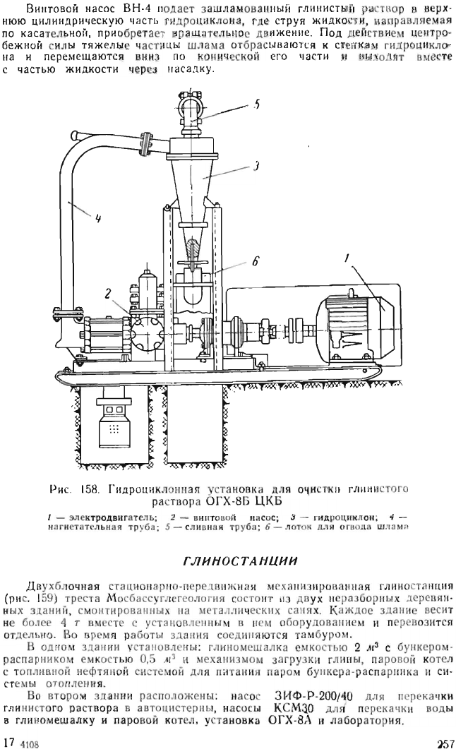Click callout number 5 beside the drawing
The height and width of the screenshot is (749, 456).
point(256,105)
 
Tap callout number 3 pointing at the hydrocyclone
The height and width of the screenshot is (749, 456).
point(256,167)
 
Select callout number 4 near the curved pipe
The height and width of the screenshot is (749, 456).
point(98,220)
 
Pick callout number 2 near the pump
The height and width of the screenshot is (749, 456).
point(108,294)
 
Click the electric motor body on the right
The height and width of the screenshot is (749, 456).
point(354,329)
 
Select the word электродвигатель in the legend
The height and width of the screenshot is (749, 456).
point(112,517)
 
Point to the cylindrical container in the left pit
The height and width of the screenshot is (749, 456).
point(114,419)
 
